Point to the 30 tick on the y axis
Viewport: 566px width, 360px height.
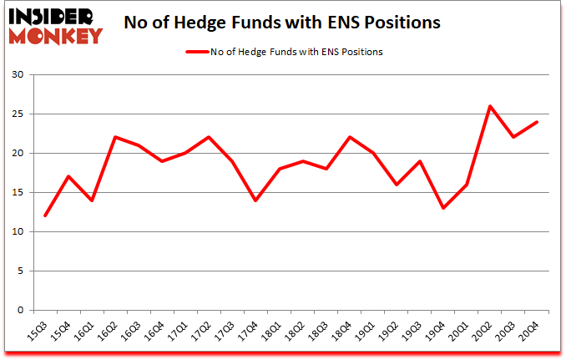click(x=18, y=75)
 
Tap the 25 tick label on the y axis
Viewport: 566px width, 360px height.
click(x=18, y=114)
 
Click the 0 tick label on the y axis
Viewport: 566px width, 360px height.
click(x=21, y=310)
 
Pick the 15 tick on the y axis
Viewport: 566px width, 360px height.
click(x=18, y=193)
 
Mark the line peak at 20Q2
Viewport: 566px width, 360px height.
click(x=490, y=106)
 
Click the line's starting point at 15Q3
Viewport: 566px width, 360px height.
click(x=45, y=215)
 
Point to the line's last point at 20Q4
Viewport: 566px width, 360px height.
click(x=537, y=122)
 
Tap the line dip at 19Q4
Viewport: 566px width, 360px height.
click(x=443, y=208)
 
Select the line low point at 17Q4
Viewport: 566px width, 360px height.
click(x=255, y=200)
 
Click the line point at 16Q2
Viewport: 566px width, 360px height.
click(x=115, y=137)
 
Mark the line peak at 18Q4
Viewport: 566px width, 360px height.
click(x=349, y=137)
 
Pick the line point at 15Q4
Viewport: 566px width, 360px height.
click(x=68, y=176)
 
